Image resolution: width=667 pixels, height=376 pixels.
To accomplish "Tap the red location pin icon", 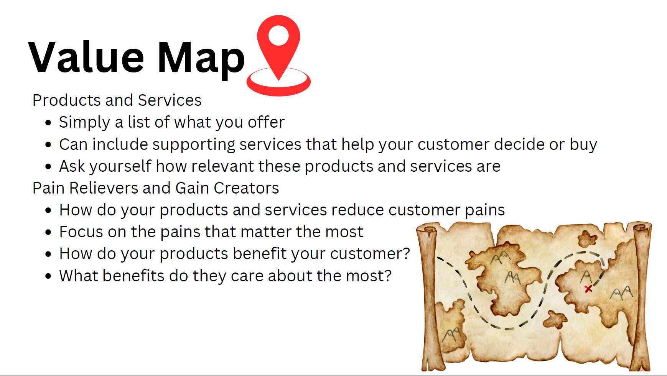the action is click(x=278, y=55).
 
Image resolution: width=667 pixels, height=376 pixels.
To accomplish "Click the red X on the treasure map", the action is click(x=588, y=289).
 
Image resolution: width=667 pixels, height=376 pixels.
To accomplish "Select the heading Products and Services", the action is click(x=117, y=100).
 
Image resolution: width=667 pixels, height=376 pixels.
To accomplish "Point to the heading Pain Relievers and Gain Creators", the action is click(x=156, y=188).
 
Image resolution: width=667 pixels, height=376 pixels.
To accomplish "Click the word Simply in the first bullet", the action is click(x=84, y=123).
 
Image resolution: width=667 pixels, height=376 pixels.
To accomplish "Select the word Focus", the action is click(x=81, y=232).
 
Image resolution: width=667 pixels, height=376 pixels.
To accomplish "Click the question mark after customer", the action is click(x=406, y=254).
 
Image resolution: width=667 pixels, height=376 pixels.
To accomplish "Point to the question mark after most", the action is click(x=388, y=276).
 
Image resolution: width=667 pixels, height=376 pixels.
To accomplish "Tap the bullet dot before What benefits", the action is click(x=48, y=276).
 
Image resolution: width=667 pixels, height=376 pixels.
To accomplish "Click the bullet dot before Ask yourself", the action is click(x=48, y=167).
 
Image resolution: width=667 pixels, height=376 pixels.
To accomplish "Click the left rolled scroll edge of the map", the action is click(x=430, y=297).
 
